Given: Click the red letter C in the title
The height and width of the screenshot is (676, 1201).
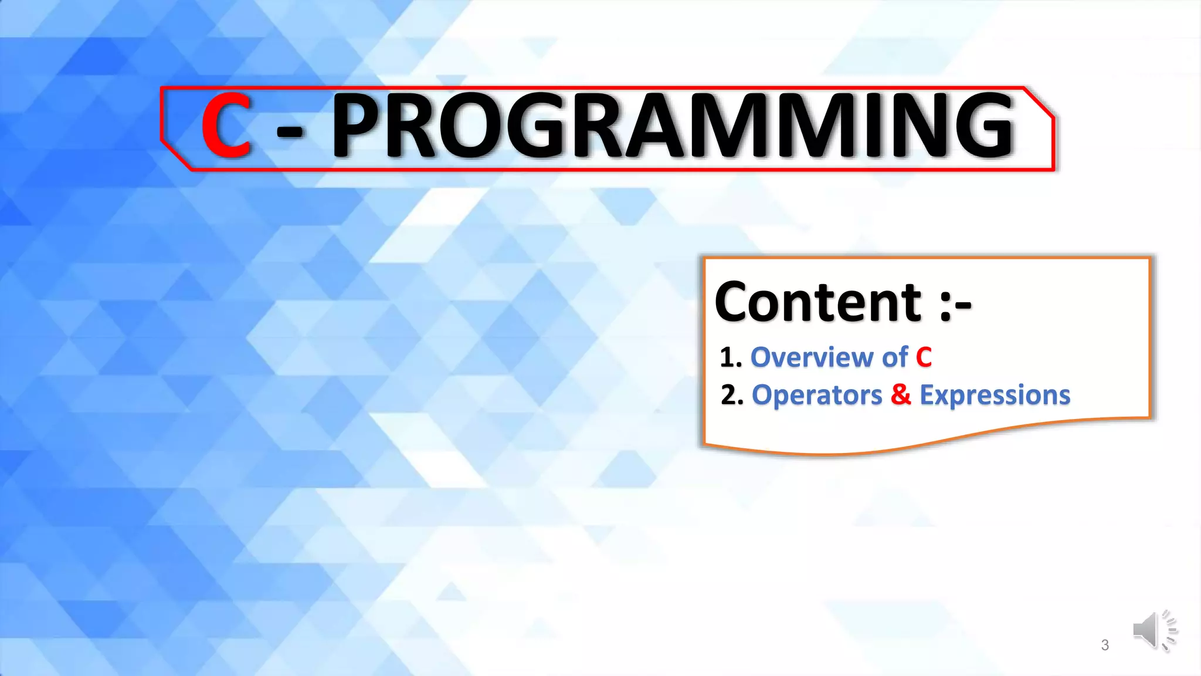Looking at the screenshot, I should click(226, 126).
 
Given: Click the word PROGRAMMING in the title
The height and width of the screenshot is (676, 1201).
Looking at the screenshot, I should click(673, 126).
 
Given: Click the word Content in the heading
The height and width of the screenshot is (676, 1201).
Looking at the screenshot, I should click(819, 302).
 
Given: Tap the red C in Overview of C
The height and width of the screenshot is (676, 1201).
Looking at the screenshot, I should click(924, 357).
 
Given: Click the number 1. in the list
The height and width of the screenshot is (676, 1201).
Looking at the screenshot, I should click(731, 358).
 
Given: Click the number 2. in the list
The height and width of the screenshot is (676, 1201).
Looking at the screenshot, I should click(732, 396).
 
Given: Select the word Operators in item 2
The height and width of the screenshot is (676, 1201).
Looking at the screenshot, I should click(816, 396).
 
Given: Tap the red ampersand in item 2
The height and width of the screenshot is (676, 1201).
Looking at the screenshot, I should click(901, 395).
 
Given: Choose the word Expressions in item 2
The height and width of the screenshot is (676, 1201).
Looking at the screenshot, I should click(995, 396).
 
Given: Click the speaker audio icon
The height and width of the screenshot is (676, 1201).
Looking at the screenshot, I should click(1153, 630).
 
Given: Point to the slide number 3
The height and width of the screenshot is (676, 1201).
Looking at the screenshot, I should click(1105, 645).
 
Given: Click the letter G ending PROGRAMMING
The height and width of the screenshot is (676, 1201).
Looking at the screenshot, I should click(985, 126).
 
